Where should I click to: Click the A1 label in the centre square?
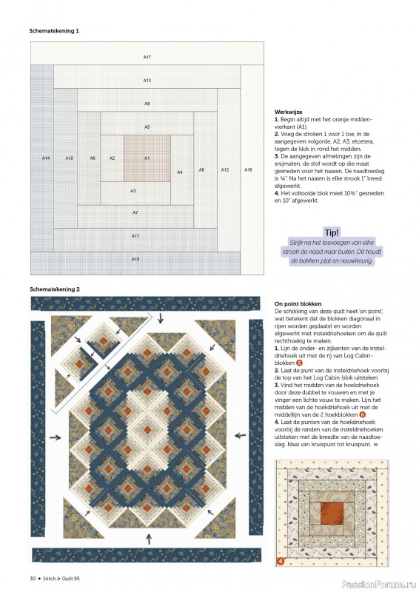tap(147, 158)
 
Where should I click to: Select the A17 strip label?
tap(147, 57)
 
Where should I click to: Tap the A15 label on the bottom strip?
tap(135, 259)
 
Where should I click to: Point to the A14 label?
tap(46, 158)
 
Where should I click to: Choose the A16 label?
tap(248, 169)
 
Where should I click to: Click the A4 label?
tap(179, 172)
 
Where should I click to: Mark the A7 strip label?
tap(135, 212)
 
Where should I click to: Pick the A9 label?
tap(147, 104)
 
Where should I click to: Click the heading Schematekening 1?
tap(54, 32)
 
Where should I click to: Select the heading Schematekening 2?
tap(54, 288)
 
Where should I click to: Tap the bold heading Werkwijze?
tap(288, 111)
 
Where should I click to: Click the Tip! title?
tap(332, 232)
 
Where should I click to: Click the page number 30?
tap(33, 577)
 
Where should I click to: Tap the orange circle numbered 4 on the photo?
tap(281, 561)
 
